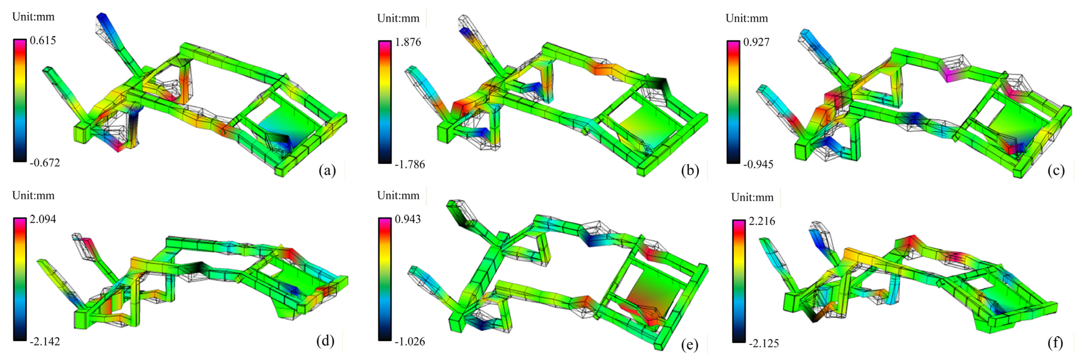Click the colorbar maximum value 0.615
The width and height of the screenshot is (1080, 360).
pyautogui.click(x=43, y=41)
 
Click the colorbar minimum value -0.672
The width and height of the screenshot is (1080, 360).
pyautogui.click(x=45, y=163)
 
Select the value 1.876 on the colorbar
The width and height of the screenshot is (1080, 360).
pyautogui.click(x=408, y=42)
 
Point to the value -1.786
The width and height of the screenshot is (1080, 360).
pyautogui.click(x=410, y=164)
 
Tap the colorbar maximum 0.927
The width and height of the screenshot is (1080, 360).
pyautogui.click(x=756, y=42)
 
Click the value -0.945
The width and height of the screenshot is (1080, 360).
pyautogui.click(x=758, y=164)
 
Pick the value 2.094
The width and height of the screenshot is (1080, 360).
pyautogui.click(x=43, y=219)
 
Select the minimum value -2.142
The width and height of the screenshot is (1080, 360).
pyautogui.click(x=45, y=342)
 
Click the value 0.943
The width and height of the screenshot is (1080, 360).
pyautogui.click(x=408, y=219)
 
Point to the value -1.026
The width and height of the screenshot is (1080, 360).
pyautogui.click(x=410, y=342)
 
